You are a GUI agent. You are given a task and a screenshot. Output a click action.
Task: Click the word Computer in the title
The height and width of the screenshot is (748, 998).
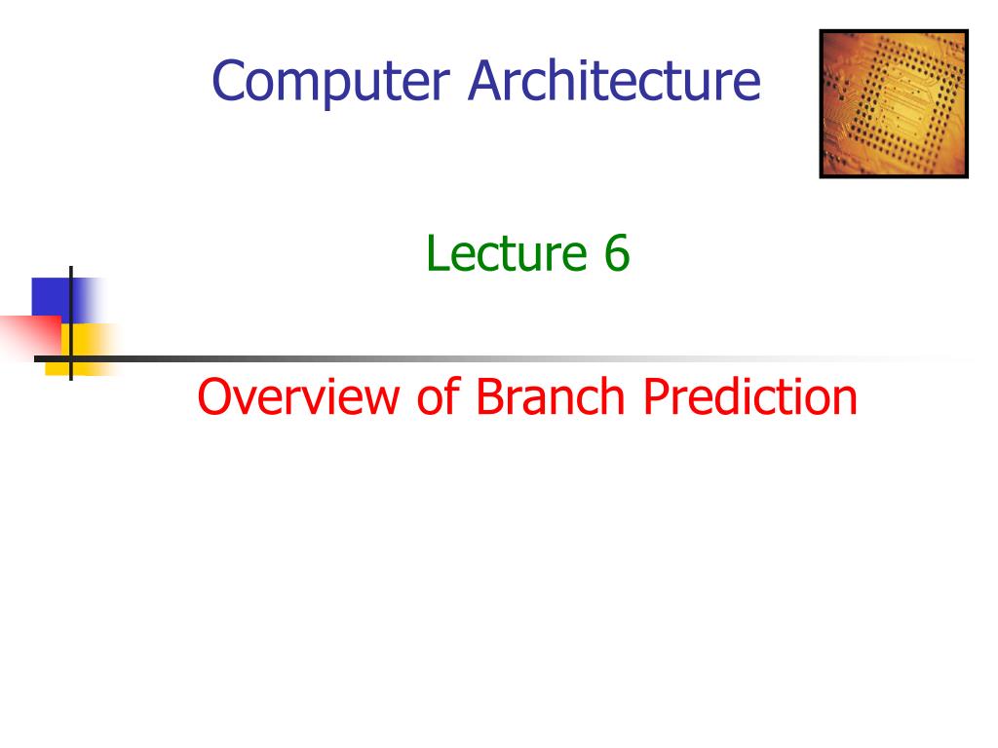331,82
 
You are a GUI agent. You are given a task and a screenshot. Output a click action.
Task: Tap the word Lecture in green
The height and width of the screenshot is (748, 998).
507,252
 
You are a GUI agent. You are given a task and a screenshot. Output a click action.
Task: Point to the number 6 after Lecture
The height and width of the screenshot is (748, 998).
617,253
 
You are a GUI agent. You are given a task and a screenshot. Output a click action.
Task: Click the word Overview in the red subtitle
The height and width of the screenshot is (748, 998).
298,396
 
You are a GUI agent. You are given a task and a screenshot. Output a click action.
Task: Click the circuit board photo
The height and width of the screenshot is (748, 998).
894,103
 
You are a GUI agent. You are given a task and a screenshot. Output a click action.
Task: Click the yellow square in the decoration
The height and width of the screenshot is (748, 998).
82,350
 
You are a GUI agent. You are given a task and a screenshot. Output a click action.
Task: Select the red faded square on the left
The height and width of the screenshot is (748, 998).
30,337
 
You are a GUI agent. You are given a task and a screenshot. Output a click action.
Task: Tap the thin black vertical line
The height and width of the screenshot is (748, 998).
70,323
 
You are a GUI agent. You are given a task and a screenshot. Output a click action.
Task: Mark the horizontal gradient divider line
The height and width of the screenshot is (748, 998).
503,359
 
